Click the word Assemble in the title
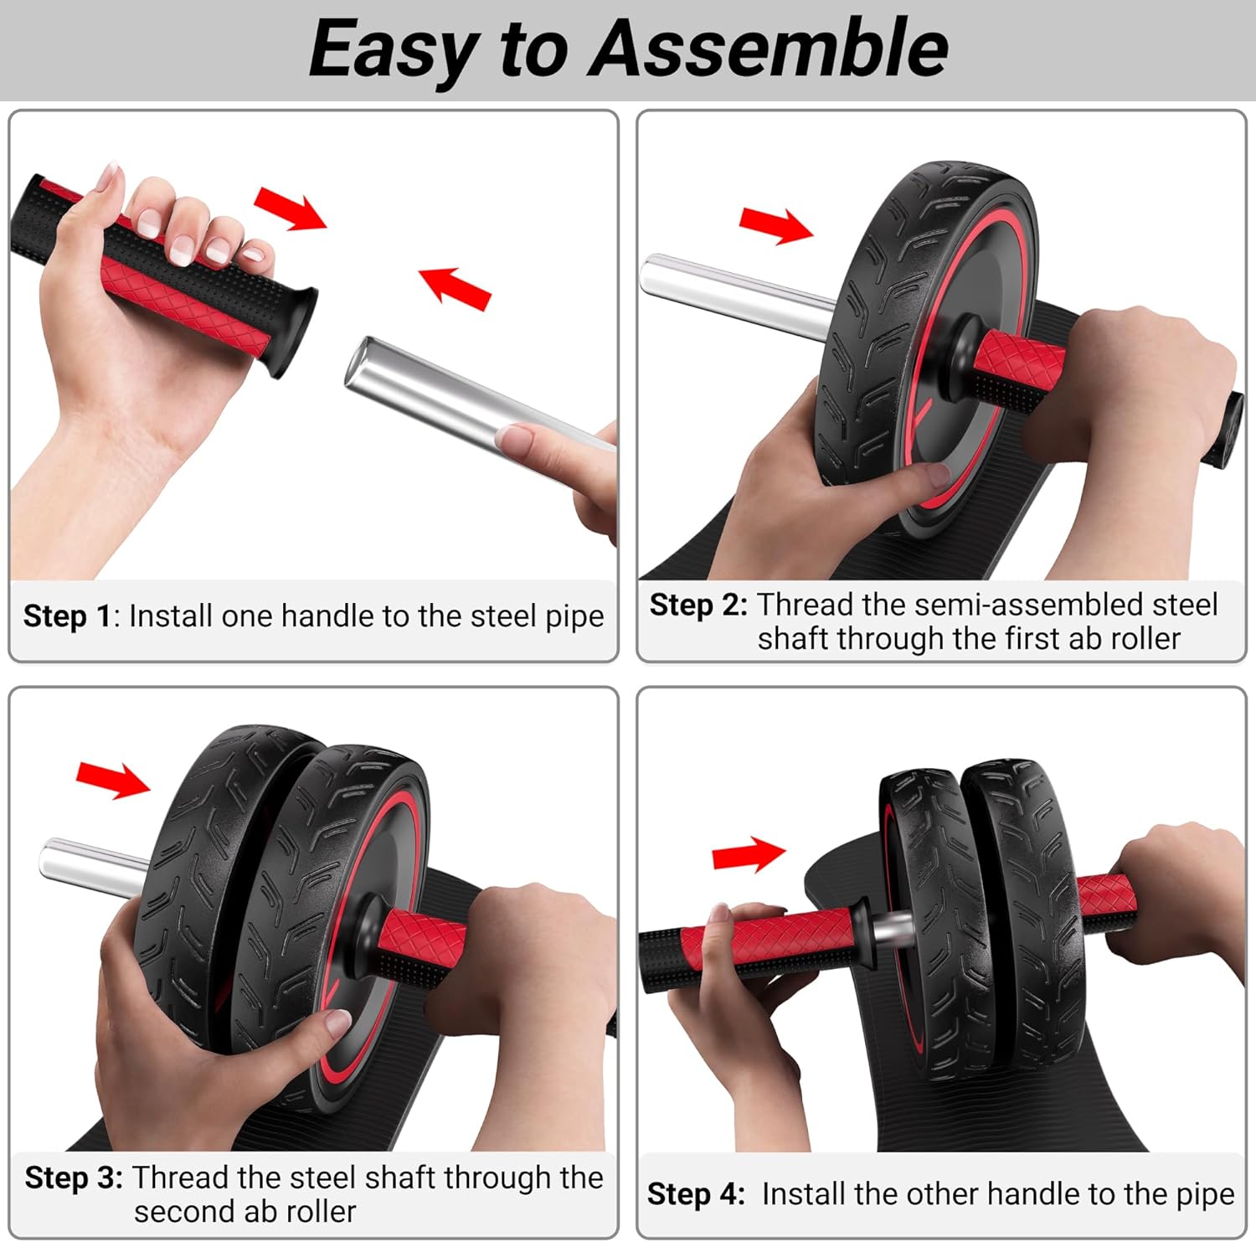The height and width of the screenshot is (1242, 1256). point(769,49)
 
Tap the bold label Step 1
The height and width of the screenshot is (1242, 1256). point(67,616)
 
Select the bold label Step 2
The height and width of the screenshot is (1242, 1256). point(697,605)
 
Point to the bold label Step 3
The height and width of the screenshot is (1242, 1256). point(74,1178)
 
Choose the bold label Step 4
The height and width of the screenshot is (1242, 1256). point(696,1193)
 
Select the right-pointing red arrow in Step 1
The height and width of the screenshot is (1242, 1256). point(290,208)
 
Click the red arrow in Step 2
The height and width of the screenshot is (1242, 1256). point(775,225)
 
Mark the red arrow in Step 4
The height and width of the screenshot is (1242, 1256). point(748,855)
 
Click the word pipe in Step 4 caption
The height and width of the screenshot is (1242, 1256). point(1203,1193)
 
